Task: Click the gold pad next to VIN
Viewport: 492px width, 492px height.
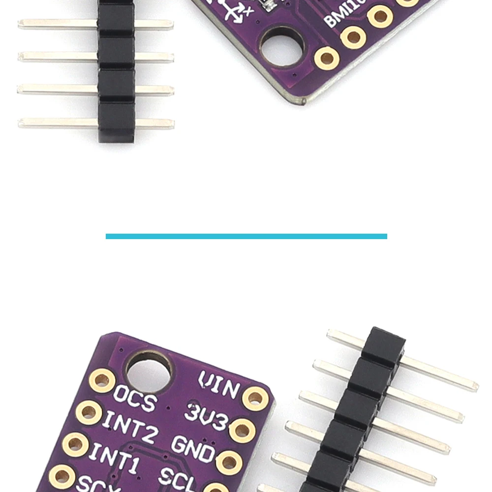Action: tap(256, 398)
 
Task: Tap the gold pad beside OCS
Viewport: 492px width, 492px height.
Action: tap(102, 380)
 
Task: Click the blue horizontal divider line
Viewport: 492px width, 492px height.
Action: tap(246, 236)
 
